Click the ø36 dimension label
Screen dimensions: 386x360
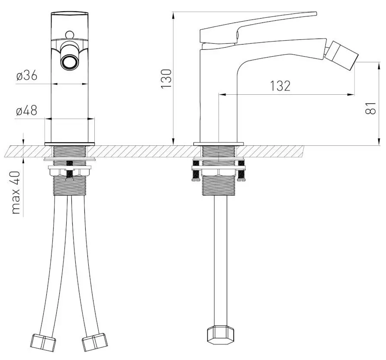pyautogui.click(x=27, y=76)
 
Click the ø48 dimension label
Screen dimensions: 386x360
pyautogui.click(x=26, y=110)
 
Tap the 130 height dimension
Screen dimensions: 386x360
pyautogui.click(x=166, y=78)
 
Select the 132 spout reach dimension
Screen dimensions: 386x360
pyautogui.click(x=280, y=86)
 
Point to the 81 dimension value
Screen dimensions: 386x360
pyautogui.click(x=370, y=108)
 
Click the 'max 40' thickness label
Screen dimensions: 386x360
pyautogui.click(x=16, y=193)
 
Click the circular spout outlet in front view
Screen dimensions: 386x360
pyautogui.click(x=69, y=61)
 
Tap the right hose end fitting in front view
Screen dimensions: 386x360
pyautogui.click(x=95, y=342)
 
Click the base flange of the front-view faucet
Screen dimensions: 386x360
pyautogui.click(x=69, y=144)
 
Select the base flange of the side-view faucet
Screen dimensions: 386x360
pyautogui.click(x=219, y=144)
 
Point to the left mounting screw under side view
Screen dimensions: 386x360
pyautogui.click(x=196, y=171)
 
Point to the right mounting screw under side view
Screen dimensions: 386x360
pyautogui.click(x=241, y=171)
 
